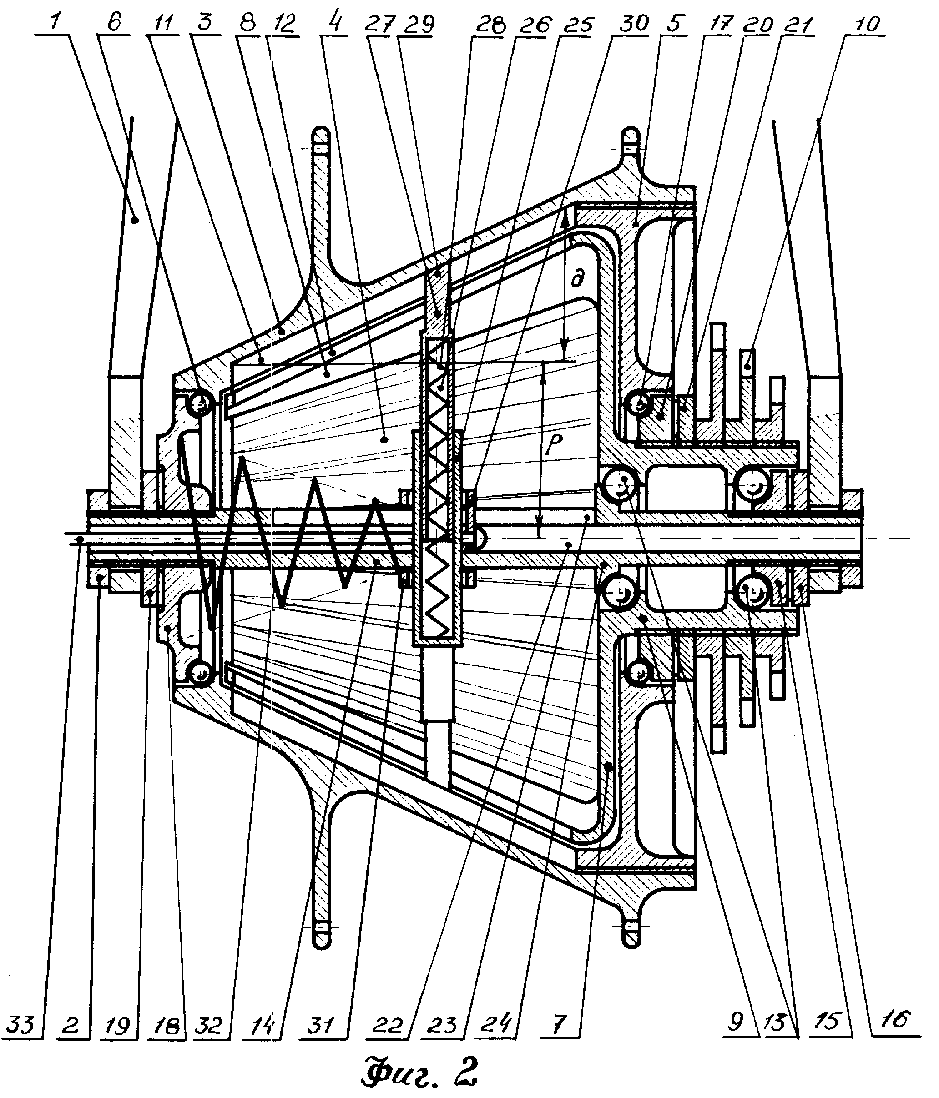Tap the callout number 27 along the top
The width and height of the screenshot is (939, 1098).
(x=380, y=24)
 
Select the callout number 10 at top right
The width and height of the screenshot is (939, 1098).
(x=867, y=24)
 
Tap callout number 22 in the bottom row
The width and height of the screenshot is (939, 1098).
(x=388, y=1027)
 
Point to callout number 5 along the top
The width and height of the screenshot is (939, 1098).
(x=673, y=24)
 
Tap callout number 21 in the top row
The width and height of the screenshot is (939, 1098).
(x=798, y=24)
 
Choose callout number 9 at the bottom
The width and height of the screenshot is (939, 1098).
(x=736, y=1022)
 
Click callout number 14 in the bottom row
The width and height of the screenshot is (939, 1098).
(x=263, y=1026)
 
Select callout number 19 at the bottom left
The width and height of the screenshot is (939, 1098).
(x=118, y=1026)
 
